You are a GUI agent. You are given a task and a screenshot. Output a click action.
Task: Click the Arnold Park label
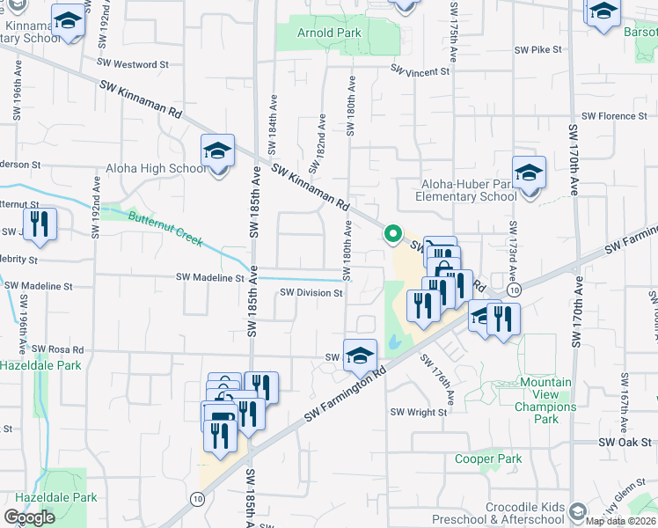[330, 33]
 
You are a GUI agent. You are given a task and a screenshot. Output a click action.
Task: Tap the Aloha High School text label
[157, 169]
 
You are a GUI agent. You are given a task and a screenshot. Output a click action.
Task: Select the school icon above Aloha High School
[217, 151]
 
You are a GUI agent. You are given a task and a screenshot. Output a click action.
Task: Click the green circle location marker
[393, 234]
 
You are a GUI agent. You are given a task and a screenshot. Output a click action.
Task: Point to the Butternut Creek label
[165, 229]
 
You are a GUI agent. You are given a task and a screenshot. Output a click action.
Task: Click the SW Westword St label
[133, 64]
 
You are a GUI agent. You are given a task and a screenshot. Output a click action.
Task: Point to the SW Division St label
[311, 293]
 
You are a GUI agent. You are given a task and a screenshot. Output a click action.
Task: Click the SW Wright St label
[420, 412]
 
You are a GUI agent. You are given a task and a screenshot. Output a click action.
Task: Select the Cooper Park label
[488, 458]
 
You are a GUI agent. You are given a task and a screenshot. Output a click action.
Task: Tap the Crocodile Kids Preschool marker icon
[577, 511]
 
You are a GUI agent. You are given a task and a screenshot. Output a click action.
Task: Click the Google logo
[30, 517]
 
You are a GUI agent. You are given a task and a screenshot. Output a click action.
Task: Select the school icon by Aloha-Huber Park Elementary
[530, 173]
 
